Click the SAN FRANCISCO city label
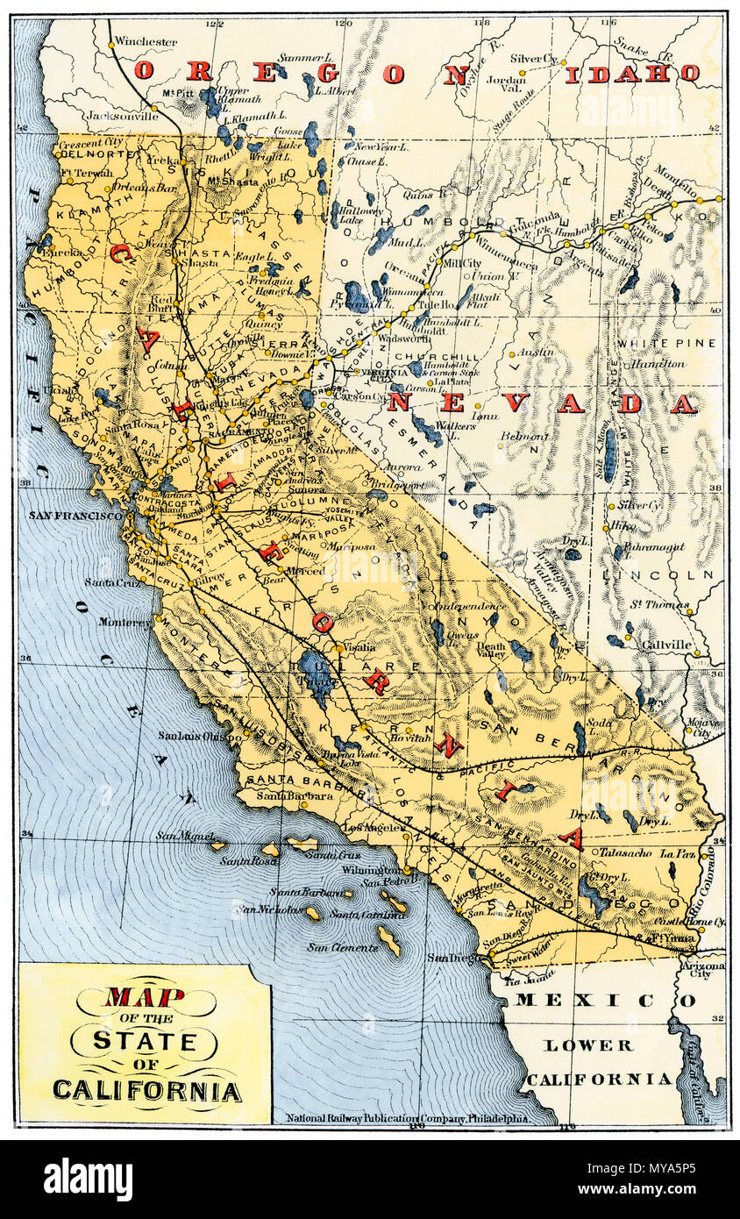pyautogui.click(x=75, y=517)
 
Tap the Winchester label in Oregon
pyautogui.click(x=145, y=41)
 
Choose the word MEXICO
pyautogui.click(x=604, y=1000)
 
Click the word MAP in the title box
pyautogui.click(x=145, y=997)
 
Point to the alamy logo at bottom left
pyautogui.click(x=88, y=1180)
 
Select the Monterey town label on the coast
pyautogui.click(x=124, y=622)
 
